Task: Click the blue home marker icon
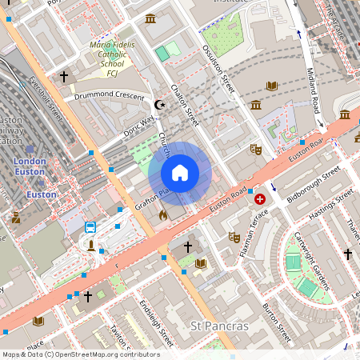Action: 180,173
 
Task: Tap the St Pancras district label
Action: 219,326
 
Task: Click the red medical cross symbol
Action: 259,198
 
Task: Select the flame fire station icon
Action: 163,214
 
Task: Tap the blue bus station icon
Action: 90,227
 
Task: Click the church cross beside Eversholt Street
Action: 64,77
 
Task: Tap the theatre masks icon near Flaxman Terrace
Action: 234,237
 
